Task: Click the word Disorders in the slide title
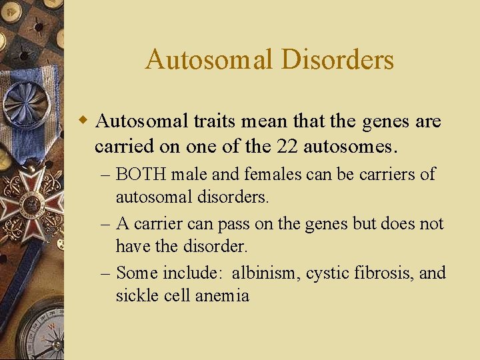pos(337,59)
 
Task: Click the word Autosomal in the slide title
pos(210,59)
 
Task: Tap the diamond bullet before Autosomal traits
pos(83,121)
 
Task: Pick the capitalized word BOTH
pos(141,175)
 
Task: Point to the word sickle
pos(135,295)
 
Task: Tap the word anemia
pos(222,295)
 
